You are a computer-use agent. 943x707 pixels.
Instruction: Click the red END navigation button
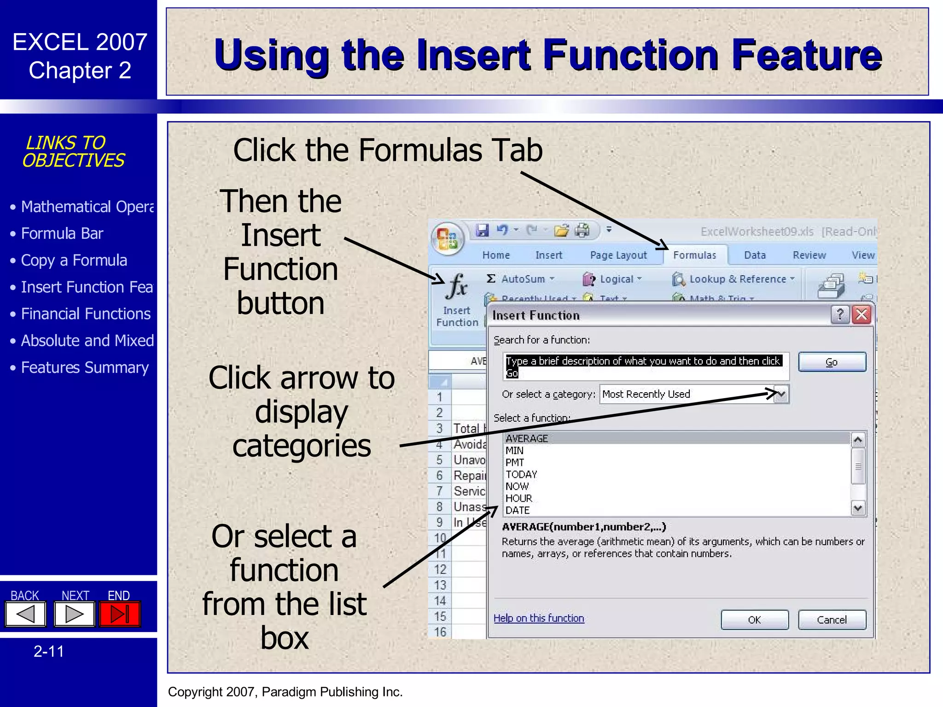coord(120,614)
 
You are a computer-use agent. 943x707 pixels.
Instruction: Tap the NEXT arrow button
coord(74,614)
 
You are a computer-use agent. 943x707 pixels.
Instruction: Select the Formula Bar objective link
coord(62,234)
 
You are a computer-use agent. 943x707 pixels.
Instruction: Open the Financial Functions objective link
coord(86,314)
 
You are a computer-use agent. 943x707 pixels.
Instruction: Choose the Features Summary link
coord(85,368)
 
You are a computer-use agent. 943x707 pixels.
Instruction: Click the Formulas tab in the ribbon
coord(694,255)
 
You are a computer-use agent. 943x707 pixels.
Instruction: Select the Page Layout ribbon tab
coord(618,255)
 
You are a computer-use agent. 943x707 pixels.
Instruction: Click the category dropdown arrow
coord(781,394)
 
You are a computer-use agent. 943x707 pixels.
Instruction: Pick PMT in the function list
coord(515,463)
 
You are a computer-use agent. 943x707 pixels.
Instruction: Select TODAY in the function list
coord(521,475)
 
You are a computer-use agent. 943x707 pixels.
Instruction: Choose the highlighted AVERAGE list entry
coord(527,439)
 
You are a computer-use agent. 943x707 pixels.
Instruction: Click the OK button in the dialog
coord(754,620)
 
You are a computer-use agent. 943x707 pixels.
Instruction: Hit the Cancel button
coord(832,620)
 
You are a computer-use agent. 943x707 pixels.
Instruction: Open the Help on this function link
coord(539,618)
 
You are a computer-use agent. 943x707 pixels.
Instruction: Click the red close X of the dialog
coord(862,315)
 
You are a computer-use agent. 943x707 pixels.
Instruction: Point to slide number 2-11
coord(49,651)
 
